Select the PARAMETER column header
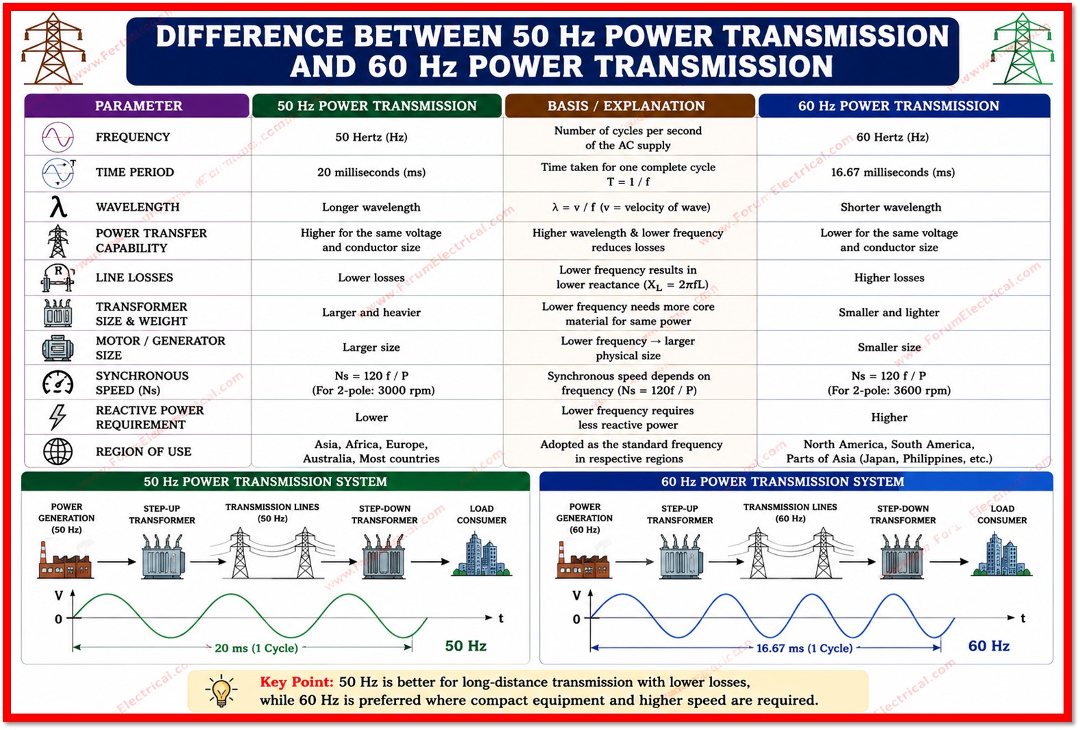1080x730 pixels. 138,105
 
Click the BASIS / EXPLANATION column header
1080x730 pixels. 626,105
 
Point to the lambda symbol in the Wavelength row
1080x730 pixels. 58,207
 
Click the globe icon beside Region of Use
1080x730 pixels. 58,452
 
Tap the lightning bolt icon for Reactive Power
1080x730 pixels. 58,417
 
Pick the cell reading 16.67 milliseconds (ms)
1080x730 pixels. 893,172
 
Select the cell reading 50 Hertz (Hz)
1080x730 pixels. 371,137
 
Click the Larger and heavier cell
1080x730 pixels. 371,313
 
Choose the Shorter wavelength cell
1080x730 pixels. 891,207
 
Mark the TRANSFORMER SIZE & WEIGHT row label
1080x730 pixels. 142,314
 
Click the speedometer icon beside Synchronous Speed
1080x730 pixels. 58,383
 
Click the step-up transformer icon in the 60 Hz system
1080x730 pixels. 681,556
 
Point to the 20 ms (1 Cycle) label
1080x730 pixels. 256,647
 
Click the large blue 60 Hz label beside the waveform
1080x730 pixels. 988,646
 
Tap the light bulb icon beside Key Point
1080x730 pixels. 222,690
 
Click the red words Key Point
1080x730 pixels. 297,682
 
